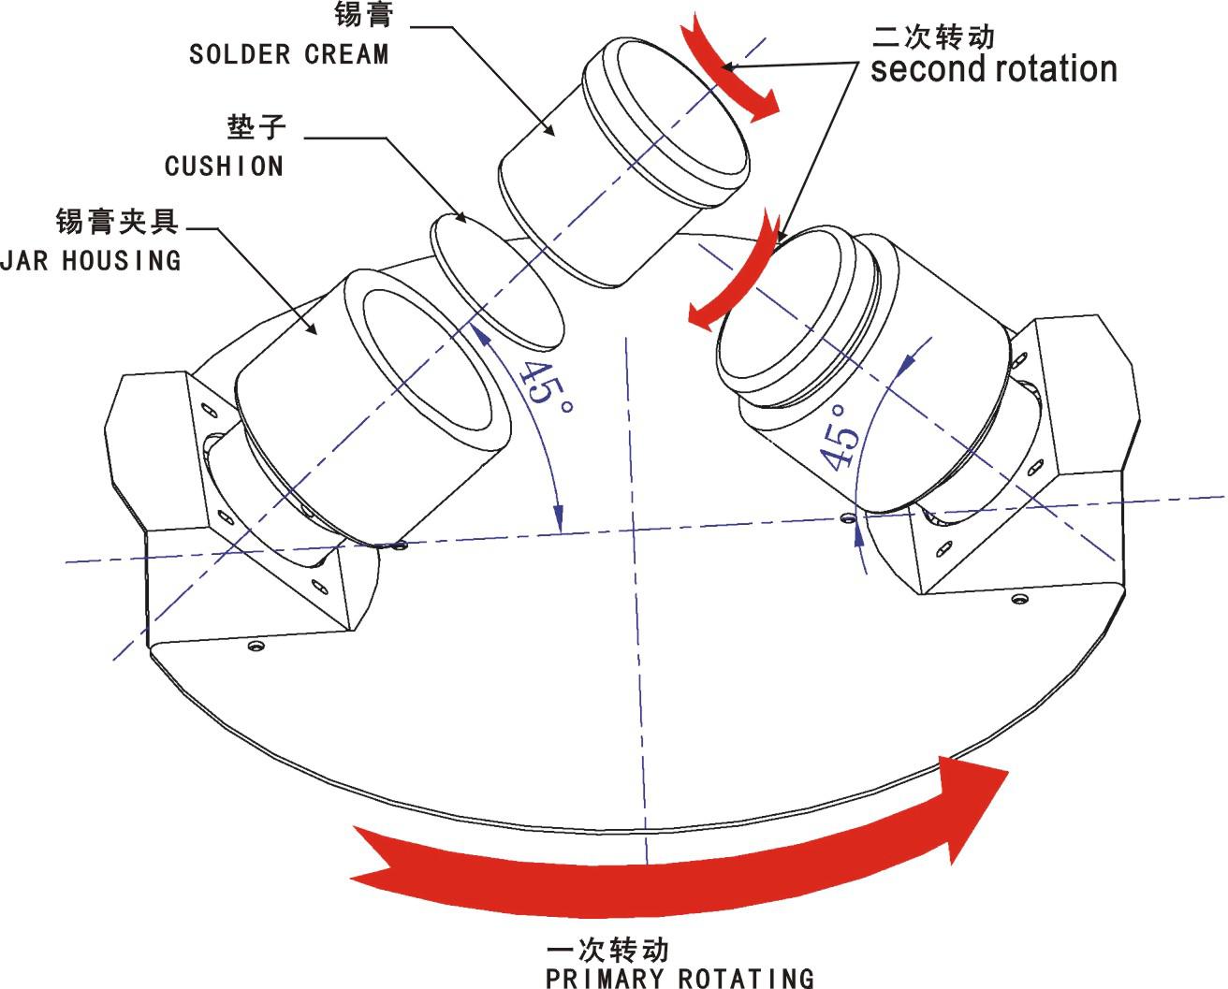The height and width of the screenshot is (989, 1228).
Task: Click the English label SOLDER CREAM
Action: click(x=288, y=54)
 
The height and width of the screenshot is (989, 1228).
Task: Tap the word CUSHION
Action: click(x=224, y=167)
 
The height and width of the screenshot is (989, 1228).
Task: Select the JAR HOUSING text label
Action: click(x=91, y=260)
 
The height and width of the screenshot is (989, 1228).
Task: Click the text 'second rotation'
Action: click(x=993, y=69)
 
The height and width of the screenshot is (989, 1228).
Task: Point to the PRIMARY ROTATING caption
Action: click(x=680, y=978)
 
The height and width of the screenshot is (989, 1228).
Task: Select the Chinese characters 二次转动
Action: click(x=932, y=37)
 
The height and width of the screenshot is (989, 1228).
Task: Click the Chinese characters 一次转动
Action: click(x=608, y=950)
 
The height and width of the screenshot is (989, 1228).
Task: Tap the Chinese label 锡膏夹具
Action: click(x=117, y=223)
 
